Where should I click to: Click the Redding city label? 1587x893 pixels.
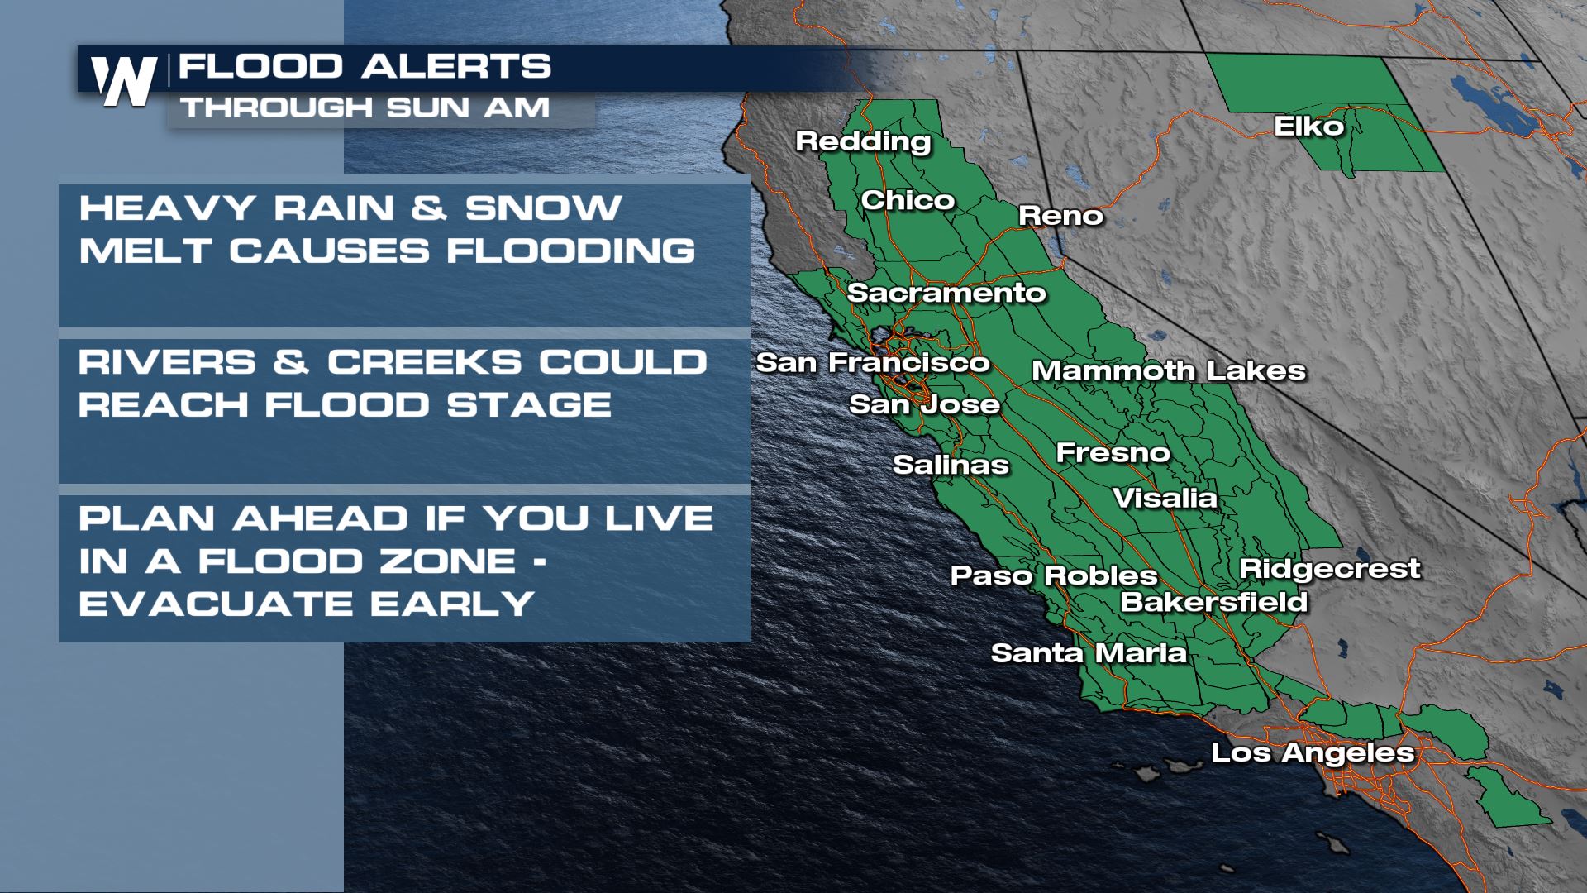tap(863, 141)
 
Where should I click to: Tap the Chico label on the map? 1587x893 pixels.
tap(908, 200)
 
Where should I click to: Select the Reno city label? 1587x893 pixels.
tap(1060, 216)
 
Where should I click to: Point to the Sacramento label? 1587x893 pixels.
tap(946, 293)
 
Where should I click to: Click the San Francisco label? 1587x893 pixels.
tap(873, 362)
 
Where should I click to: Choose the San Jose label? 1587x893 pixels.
tap(924, 404)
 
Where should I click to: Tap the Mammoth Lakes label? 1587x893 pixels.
tap(1169, 370)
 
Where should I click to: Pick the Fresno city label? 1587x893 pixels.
tap(1113, 452)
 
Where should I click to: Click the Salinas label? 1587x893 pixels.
tap(951, 465)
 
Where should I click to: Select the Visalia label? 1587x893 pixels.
tap(1165, 498)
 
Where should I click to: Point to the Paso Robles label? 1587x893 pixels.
tap(1054, 575)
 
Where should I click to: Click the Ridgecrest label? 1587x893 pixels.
tap(1329, 569)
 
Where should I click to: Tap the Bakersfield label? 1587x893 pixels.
tap(1213, 602)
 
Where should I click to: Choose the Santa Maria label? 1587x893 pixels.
tap(1089, 653)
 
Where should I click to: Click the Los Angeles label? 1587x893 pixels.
tap(1313, 752)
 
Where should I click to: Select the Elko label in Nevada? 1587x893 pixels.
tap(1308, 126)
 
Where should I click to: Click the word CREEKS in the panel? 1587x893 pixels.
tap(424, 362)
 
